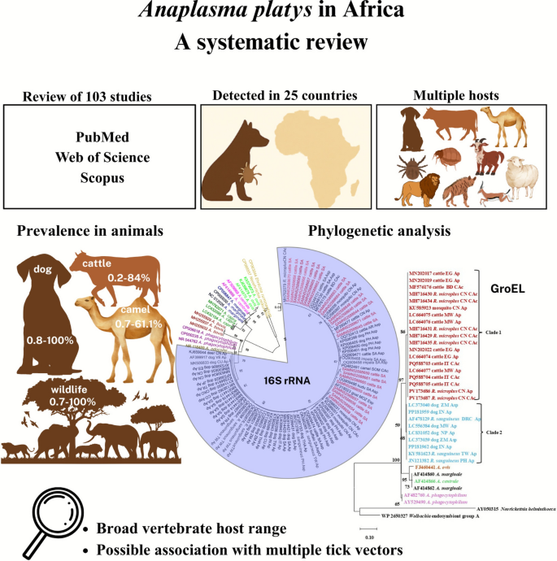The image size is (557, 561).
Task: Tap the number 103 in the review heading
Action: point(92,98)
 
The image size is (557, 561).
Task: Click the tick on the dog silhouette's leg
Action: point(243,171)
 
